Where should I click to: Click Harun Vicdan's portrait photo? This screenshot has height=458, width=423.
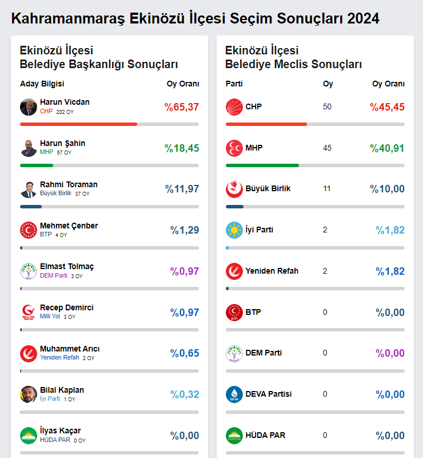pos(29,107)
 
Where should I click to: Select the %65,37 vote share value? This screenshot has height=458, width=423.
pos(182,107)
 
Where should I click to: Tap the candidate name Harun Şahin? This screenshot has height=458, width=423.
pos(62,143)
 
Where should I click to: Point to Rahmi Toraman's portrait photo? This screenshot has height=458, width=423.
pos(29,189)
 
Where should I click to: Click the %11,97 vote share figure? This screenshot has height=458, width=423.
pos(182,189)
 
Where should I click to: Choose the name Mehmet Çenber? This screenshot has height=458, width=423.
pos(69,226)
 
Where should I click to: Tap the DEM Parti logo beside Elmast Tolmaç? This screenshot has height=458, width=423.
pos(29,271)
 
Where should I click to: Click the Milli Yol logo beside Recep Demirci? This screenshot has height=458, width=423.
pos(29,313)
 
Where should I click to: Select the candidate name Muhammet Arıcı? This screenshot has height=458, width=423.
pos(70,349)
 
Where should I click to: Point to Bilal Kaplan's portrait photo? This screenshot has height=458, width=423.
pos(29,394)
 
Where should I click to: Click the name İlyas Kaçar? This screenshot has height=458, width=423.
pos(60,431)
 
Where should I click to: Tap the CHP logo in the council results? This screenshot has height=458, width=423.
pos(234,107)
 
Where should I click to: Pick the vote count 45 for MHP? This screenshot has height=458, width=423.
pos(327,148)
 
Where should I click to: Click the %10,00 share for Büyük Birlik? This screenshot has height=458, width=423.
pos(387,189)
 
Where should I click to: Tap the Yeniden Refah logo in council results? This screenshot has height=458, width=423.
pos(234,271)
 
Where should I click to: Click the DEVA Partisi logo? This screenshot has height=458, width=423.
pos(234,394)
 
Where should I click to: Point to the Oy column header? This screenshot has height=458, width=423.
pos(328,84)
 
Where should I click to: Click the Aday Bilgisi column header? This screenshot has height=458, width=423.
pos(42,84)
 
